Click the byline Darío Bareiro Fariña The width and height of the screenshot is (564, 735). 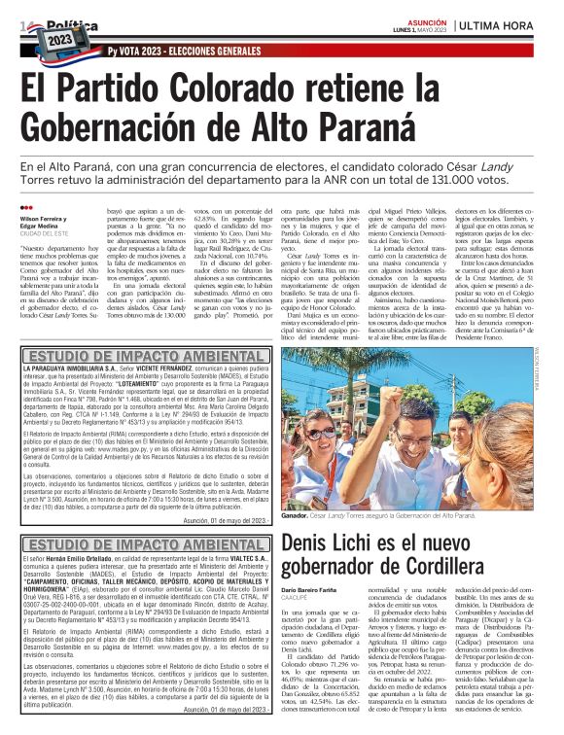coord(314,591)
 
